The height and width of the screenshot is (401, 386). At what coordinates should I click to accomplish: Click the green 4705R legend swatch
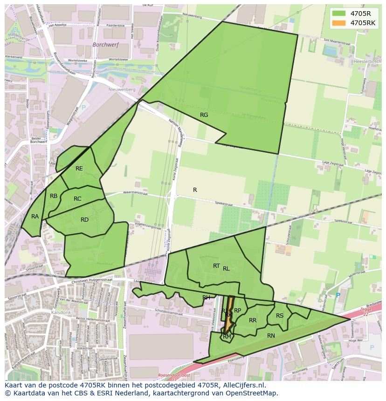[339, 14]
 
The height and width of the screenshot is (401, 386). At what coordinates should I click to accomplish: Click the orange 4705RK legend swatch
[339, 23]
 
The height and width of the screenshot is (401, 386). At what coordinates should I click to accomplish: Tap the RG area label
[204, 115]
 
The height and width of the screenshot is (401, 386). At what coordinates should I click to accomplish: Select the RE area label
[79, 169]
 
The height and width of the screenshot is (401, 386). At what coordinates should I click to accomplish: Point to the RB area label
[54, 196]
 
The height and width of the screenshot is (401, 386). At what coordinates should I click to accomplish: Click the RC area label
[77, 199]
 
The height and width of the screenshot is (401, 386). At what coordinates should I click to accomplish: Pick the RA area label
[35, 217]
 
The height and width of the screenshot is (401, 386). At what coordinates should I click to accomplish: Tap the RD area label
[84, 220]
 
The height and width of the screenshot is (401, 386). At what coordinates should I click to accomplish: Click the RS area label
[280, 316]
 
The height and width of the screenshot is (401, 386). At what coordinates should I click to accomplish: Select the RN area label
[271, 335]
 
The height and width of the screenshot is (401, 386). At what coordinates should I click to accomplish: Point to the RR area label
[253, 320]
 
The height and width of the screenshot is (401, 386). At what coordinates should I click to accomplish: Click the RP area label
[237, 311]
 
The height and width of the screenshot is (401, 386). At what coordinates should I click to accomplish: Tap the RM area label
[227, 336]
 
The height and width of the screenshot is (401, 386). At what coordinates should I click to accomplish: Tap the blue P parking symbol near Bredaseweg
[338, 295]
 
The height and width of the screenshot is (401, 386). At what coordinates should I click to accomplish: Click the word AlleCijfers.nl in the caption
[243, 385]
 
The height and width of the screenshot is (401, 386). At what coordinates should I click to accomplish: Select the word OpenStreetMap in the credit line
[252, 393]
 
